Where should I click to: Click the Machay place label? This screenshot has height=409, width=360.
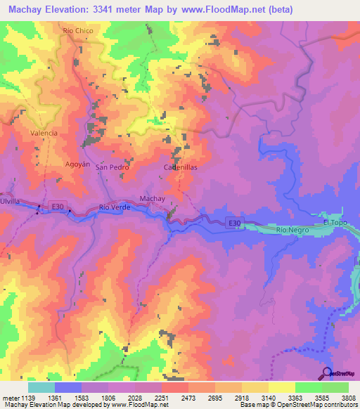click(152, 199)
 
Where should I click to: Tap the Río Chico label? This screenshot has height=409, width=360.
click(77, 31)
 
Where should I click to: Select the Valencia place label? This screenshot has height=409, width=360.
click(44, 133)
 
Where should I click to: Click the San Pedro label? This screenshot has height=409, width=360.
click(111, 168)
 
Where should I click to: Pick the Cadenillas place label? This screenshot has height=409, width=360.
click(181, 168)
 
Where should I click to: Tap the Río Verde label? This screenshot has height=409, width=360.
click(115, 207)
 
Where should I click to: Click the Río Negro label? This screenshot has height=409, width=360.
click(292, 230)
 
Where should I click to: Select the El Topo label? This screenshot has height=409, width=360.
click(335, 223)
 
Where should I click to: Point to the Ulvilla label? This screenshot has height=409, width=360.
click(9, 202)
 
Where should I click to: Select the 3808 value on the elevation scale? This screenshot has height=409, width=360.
click(349, 398)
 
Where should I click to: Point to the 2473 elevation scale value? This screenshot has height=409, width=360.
click(188, 398)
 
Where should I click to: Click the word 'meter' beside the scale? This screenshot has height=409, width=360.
click(10, 398)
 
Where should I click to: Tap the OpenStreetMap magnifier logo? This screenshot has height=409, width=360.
click(326, 373)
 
